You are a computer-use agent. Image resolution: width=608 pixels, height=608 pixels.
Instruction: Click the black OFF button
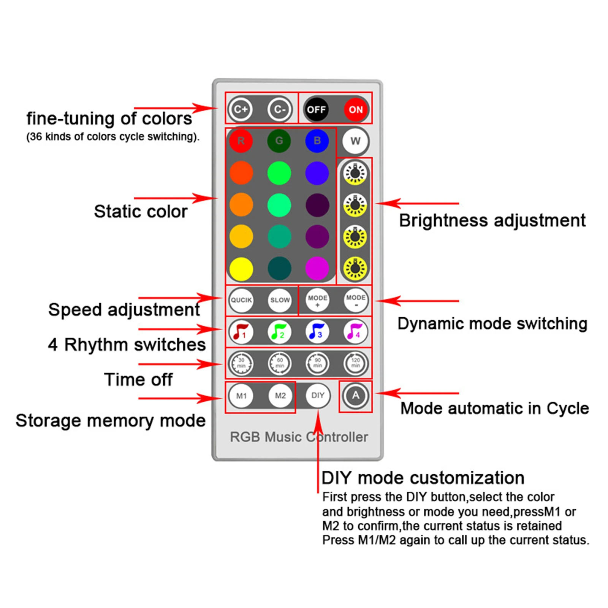[317, 109]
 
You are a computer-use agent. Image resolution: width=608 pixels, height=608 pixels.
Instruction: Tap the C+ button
[241, 109]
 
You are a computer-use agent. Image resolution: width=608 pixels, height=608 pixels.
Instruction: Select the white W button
[355, 141]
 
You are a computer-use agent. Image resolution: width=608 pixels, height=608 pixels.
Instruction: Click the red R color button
[241, 141]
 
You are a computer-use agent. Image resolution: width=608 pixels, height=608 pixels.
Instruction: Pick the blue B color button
[317, 141]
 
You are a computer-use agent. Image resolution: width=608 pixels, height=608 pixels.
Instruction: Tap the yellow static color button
[241, 269]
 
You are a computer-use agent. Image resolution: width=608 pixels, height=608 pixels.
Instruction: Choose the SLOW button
[280, 300]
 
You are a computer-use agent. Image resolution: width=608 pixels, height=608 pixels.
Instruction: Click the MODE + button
[317, 300]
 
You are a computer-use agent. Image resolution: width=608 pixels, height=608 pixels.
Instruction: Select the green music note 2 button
[279, 332]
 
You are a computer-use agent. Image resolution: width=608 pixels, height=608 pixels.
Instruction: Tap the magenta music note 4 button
[355, 332]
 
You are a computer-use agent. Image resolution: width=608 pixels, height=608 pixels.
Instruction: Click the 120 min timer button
[356, 363]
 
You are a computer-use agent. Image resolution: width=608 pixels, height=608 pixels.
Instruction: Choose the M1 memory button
[241, 396]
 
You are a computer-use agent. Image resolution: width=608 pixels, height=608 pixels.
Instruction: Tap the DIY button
[318, 396]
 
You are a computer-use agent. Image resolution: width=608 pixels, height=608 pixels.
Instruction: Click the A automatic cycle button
[355, 396]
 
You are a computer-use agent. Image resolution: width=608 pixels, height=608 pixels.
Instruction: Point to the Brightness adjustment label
[492, 221]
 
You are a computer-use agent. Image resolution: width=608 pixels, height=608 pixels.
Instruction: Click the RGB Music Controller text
[299, 437]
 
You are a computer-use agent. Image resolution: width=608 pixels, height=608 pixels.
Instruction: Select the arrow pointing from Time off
[180, 364]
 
